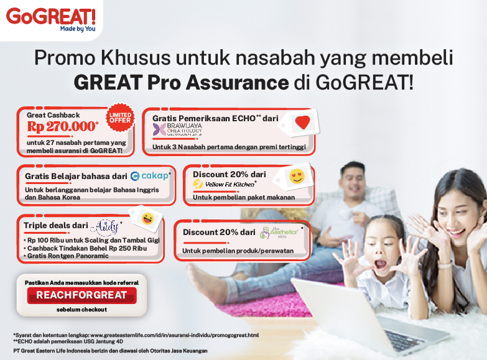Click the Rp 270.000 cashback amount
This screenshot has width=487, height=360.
62,126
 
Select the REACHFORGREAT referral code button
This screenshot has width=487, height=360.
81,295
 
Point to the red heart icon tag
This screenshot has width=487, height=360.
302,122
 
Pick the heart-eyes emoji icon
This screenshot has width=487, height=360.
297,177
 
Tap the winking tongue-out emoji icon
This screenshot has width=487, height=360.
147,218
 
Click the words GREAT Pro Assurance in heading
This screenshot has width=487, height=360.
181,82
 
